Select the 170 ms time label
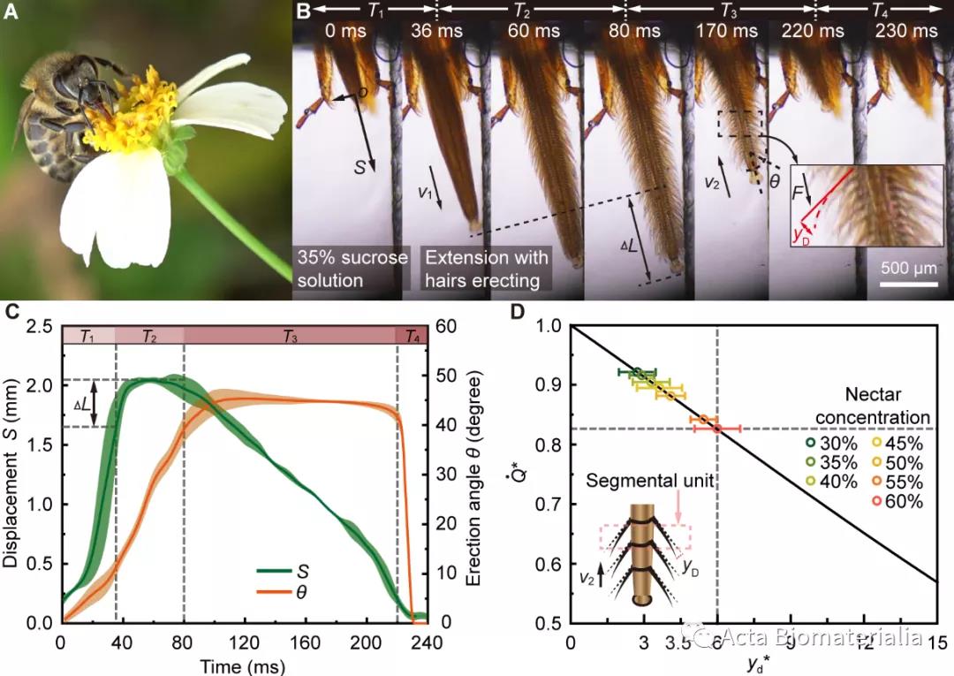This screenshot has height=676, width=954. [x=731, y=32]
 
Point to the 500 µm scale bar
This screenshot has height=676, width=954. [x=907, y=285]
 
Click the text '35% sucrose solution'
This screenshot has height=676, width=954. [x=351, y=269]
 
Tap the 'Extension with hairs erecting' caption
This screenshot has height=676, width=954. [x=487, y=269]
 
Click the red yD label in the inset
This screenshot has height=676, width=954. [x=804, y=235]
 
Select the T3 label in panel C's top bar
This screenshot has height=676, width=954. [x=290, y=335]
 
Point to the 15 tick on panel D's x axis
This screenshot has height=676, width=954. [x=935, y=640]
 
